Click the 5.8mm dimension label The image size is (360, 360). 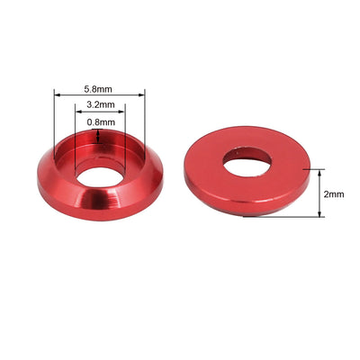[98, 89]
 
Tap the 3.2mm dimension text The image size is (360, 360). [98, 105]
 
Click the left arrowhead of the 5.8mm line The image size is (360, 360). [56, 95]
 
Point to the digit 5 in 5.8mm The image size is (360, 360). [86, 89]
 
